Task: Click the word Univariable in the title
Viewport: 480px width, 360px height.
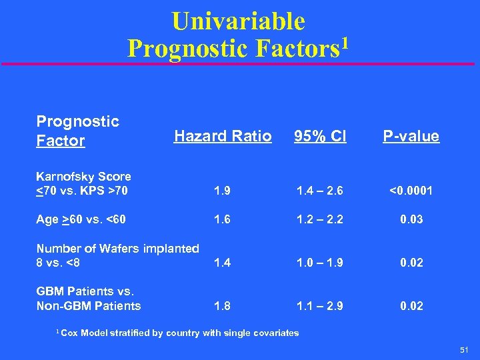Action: coord(238,21)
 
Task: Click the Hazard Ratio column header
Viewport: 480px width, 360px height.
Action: coord(223,136)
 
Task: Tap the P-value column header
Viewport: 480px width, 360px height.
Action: coord(411,136)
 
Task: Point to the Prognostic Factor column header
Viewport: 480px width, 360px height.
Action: coord(78,131)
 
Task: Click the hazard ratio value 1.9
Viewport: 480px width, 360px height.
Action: coord(223,191)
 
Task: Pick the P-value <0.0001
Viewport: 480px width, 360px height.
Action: coord(410,191)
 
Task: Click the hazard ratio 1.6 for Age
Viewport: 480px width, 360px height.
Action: coord(223,219)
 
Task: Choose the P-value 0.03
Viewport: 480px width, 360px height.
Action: coord(411,219)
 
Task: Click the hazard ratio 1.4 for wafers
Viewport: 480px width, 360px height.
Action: coord(223,263)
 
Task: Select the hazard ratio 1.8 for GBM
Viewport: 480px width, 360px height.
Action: coord(223,306)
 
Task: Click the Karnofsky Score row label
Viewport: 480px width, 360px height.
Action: coord(83,183)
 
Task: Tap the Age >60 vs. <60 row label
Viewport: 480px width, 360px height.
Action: coord(81,219)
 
